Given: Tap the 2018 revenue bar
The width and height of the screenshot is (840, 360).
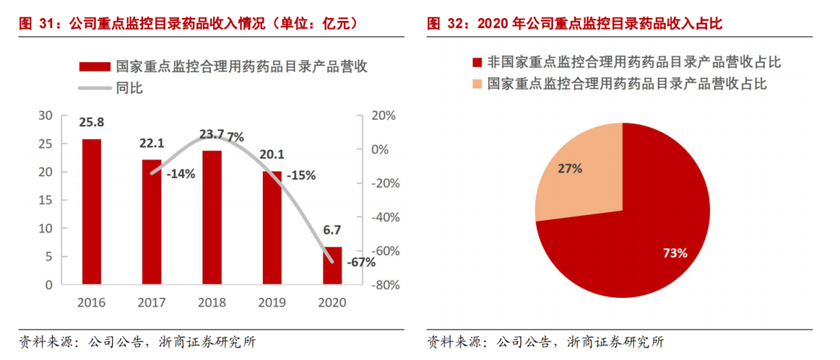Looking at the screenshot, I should click(x=212, y=217).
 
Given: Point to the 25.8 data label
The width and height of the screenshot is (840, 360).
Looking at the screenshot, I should click(x=92, y=123).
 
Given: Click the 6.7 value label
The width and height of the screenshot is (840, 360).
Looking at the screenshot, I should click(x=332, y=231).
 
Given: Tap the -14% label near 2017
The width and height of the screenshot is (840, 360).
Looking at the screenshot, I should click(x=180, y=174).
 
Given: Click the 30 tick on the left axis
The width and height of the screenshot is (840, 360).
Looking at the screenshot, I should click(x=45, y=116).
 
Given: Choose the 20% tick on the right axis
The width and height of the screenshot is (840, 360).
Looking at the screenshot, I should click(x=384, y=116).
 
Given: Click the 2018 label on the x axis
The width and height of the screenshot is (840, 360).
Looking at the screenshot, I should click(x=212, y=302).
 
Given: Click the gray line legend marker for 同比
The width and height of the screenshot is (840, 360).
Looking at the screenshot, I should click(x=94, y=88).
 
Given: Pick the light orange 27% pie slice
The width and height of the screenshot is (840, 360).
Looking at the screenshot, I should click(x=579, y=171).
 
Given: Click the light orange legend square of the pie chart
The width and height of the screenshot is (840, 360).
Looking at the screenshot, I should click(x=477, y=83).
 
